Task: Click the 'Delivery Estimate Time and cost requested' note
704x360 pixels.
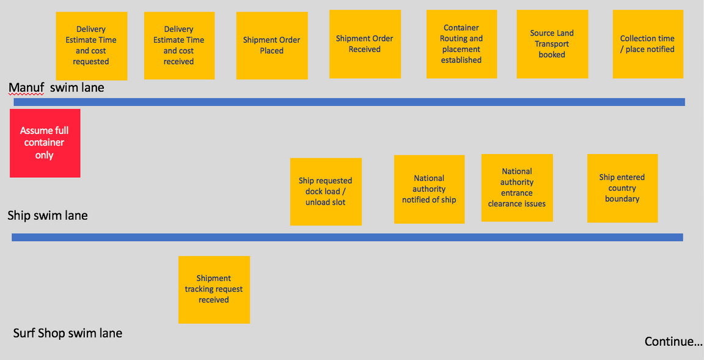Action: [x=92, y=46]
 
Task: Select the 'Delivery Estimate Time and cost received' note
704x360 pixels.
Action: [x=179, y=45]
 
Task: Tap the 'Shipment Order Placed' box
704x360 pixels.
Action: [x=272, y=45]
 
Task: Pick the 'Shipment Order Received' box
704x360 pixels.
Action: [x=365, y=44]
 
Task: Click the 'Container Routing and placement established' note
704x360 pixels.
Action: [x=461, y=44]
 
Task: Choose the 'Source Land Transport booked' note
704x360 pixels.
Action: [x=552, y=44]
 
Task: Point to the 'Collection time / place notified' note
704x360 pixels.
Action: [x=648, y=44]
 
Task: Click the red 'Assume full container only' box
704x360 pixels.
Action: [x=45, y=143]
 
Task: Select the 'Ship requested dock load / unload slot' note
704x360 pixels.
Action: [x=326, y=192]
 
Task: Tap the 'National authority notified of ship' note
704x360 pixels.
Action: [x=429, y=189]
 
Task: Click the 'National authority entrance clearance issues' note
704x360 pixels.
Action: [x=517, y=188]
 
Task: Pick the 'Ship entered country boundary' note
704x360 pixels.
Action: [x=622, y=188]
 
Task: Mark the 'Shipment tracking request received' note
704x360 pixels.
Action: [x=214, y=290]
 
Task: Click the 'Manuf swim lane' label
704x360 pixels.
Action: [x=56, y=87]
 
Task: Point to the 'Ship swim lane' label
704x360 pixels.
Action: [x=48, y=216]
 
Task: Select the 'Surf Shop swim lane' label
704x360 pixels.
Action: [x=67, y=334]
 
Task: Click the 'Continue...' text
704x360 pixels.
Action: [x=673, y=342]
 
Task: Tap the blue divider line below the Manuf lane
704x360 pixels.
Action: [x=350, y=102]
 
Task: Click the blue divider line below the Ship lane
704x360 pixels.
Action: [x=347, y=238]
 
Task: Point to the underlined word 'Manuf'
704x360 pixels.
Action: [x=26, y=88]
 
